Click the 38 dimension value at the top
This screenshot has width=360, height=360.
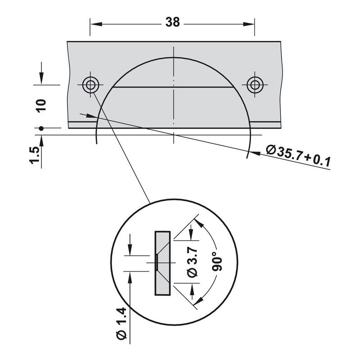pos(173,22)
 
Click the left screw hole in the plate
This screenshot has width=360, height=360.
pos(91,85)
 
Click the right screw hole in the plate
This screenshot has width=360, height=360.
pos(255,85)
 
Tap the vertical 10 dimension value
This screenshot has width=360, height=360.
pos(41,106)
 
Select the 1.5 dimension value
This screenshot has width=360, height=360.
pos(35,155)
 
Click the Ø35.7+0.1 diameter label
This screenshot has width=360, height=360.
pos(298,156)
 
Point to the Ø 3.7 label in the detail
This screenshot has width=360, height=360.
pos(193,262)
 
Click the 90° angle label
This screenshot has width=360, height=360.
pos(217,261)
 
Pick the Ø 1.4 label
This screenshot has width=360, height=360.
pos(121,324)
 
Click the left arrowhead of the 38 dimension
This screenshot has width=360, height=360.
pos(96,24)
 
